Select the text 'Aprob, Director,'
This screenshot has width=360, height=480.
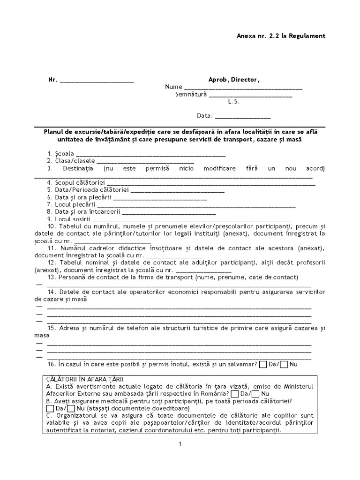[x=233, y=80]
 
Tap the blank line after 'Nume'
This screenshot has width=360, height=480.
[x=243, y=88]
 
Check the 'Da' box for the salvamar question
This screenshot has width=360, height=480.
[x=263, y=364]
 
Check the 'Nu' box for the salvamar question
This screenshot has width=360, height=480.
[x=284, y=364]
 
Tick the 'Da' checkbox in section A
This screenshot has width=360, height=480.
[x=235, y=394]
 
